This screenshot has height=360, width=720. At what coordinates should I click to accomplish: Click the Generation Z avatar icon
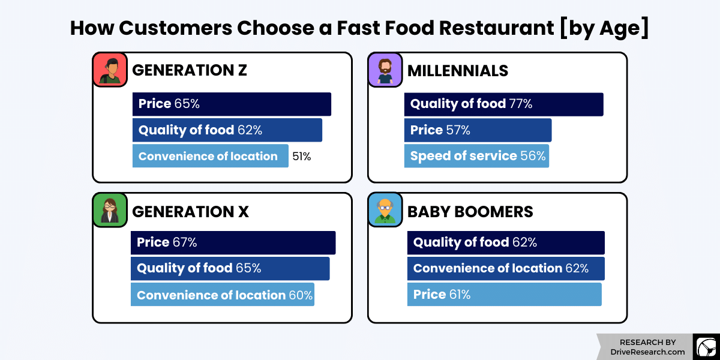tap(110, 70)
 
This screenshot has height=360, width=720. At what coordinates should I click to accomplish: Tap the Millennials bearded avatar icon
tap(385, 70)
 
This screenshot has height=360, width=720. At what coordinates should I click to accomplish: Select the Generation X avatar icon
tap(110, 210)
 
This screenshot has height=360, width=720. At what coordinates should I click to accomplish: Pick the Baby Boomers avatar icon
tap(385, 210)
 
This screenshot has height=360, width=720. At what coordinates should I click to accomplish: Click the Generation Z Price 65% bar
tap(232, 104)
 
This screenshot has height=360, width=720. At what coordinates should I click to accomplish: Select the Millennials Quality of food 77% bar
tap(503, 104)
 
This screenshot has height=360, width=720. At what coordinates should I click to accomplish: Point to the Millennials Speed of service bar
tap(476, 156)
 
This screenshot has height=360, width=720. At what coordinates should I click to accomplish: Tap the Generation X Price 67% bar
tap(233, 242)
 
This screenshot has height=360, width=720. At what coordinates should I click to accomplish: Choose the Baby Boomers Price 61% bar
tap(504, 295)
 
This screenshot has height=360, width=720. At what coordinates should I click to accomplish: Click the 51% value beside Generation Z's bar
tap(301, 157)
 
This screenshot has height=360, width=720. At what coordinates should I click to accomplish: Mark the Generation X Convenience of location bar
tap(223, 295)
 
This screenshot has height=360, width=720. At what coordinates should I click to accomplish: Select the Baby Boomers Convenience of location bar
tap(506, 268)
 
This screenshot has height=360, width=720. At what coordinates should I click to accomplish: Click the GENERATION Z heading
tap(189, 71)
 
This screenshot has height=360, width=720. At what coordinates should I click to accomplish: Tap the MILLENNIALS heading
tap(458, 71)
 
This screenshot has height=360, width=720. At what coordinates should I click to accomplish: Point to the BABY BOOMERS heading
tap(470, 212)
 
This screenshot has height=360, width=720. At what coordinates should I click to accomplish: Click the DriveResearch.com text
tap(647, 352)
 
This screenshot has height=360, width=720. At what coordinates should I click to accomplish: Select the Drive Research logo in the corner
tap(706, 347)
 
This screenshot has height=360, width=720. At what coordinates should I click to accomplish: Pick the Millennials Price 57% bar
tap(478, 130)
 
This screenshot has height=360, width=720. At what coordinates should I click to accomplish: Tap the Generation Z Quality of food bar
tap(227, 130)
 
